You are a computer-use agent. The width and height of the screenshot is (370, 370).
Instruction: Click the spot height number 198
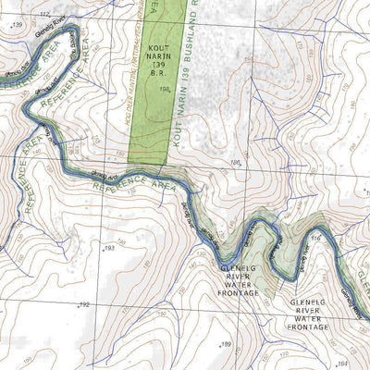pos(164,90)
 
